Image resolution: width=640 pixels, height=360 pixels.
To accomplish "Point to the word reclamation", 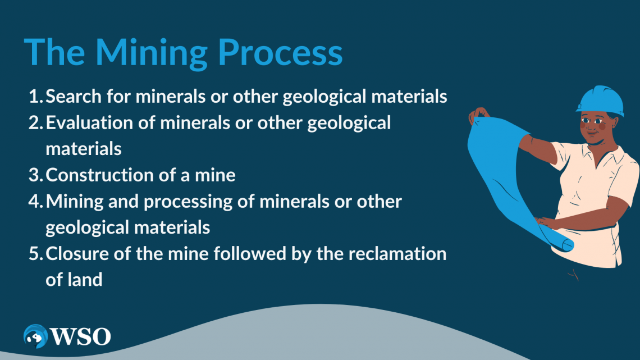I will click(x=397, y=253).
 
